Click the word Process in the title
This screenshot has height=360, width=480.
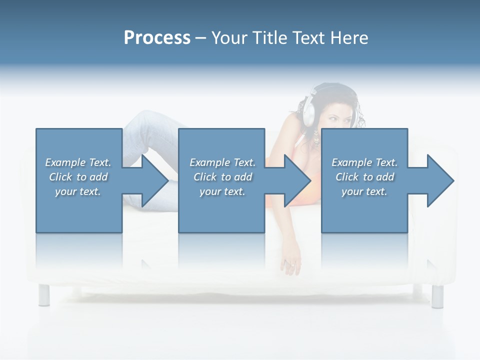(157, 38)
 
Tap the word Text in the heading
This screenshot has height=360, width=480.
(309, 38)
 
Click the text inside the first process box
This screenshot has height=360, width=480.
(78, 177)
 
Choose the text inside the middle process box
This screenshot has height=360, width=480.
(222, 177)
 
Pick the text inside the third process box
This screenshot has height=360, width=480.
(364, 177)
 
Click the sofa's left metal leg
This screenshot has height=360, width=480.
(44, 295)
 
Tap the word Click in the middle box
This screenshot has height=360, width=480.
(204, 177)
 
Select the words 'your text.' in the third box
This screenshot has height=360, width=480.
(364, 191)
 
